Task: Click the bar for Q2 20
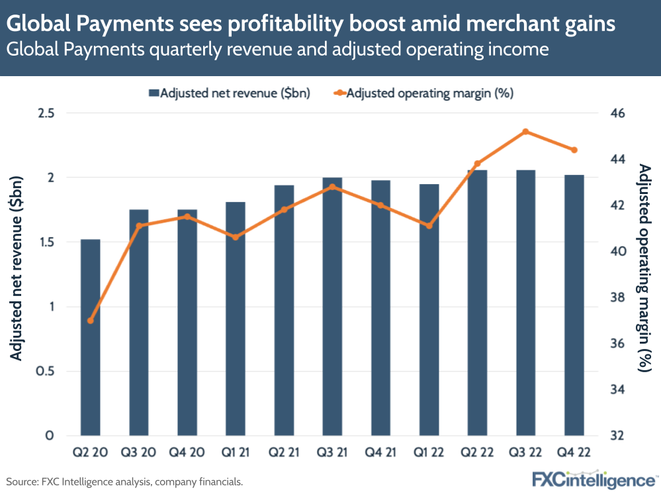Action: coord(91,337)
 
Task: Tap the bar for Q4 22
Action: coord(574,305)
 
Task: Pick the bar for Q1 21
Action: coord(236,319)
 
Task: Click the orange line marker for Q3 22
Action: coord(526,132)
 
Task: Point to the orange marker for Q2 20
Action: coord(91,321)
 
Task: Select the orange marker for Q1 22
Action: coord(429,226)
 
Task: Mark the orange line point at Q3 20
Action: coord(139,226)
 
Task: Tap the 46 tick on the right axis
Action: coord(617,114)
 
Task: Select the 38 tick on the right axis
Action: coord(617,298)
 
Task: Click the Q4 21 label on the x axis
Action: coord(380,454)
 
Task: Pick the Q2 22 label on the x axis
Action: coord(478,454)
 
